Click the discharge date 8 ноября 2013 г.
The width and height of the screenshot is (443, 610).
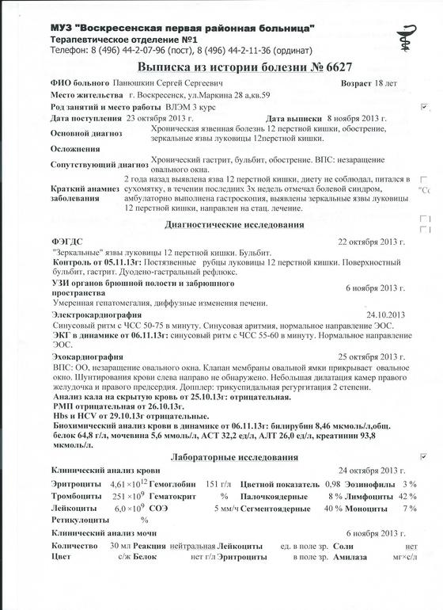[x=356, y=118]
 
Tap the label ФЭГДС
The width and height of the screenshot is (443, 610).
[x=66, y=240]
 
